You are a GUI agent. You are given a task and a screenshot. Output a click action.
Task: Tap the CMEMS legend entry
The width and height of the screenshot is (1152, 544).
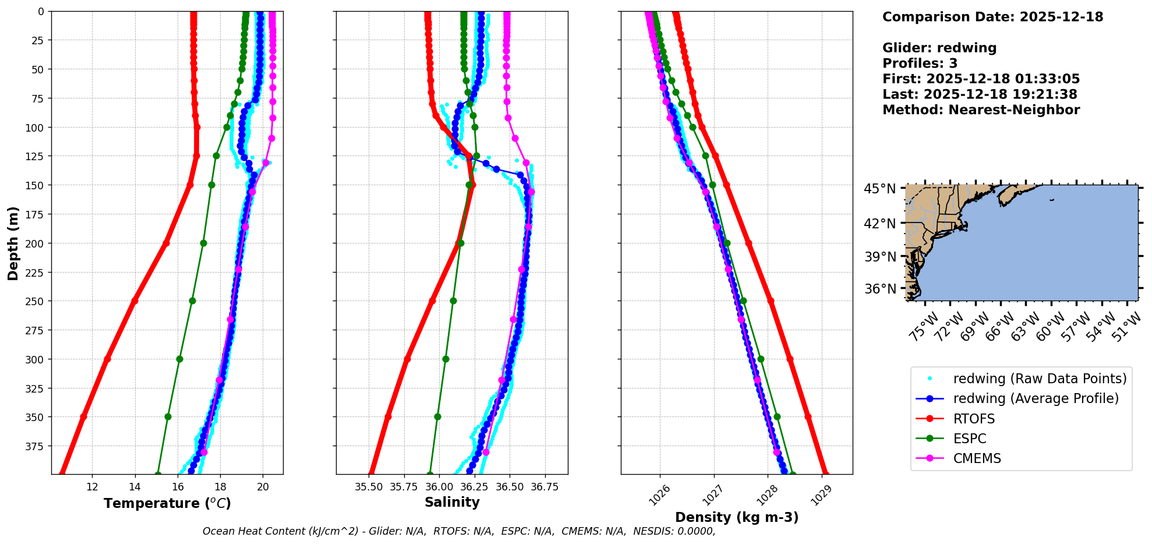click(977, 458)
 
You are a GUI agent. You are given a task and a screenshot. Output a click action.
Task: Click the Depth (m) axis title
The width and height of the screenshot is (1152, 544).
click(13, 243)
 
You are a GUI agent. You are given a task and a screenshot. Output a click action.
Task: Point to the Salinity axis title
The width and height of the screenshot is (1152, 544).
click(452, 502)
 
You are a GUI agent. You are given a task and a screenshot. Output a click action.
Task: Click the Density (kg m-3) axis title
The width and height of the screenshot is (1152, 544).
click(737, 517)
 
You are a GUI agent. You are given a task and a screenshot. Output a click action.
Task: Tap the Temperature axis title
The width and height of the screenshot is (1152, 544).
click(167, 503)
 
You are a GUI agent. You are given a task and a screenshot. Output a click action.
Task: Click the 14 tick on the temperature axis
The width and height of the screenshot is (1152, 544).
click(135, 487)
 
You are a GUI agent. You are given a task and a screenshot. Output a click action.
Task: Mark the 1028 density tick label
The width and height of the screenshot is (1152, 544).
click(765, 494)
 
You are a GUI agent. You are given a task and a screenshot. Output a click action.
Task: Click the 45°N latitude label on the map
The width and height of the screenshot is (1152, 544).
click(879, 189)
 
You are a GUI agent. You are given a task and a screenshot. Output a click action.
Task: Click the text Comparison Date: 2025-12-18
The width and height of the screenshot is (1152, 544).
click(992, 17)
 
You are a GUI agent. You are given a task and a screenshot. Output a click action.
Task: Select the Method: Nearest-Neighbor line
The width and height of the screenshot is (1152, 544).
click(981, 109)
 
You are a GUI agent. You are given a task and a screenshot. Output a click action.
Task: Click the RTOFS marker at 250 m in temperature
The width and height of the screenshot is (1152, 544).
click(135, 301)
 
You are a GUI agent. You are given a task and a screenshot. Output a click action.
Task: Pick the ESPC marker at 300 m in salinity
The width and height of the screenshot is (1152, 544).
click(446, 359)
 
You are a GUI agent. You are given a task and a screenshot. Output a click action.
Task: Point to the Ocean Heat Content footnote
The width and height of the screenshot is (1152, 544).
click(459, 531)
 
